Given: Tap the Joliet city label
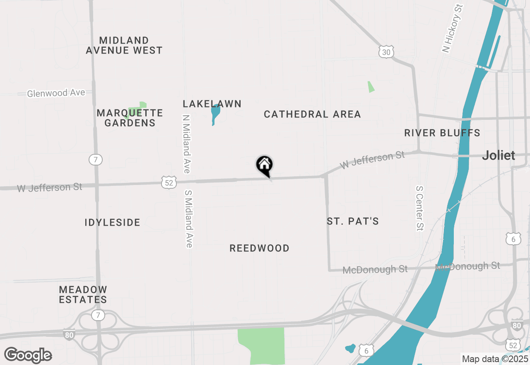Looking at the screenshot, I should pos(499,156).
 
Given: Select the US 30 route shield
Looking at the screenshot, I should pos(386,52).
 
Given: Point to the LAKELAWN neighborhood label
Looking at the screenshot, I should pos(212,104).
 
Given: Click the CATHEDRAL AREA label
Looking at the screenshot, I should pos(312,114).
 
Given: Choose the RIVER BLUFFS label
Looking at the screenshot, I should pos(442,133).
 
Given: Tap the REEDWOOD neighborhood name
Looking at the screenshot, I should pos(260,248).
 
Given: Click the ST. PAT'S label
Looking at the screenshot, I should pos(353,221).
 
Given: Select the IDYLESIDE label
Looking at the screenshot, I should pos(113,222).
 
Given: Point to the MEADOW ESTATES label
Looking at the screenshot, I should pos(83,294).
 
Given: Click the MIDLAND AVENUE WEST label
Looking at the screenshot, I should pos(124,45).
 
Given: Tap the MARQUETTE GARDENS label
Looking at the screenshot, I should pos(130,118).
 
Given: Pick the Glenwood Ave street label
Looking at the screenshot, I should pos(56,93).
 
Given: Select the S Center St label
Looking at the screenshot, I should pos(420,207).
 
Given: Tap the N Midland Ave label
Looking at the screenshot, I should pos(186,144).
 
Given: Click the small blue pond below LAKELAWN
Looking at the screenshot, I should pos(215,114).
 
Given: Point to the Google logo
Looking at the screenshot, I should pos(28,355).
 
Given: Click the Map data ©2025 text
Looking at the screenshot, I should pos(495,359).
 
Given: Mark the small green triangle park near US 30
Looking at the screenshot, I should pos(371,87).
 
